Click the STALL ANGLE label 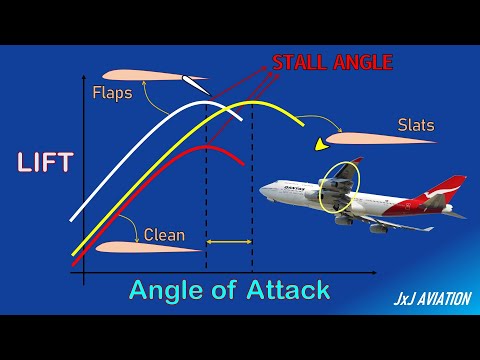click(x=332, y=63)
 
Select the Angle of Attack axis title click(x=229, y=291)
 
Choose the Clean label click(x=164, y=236)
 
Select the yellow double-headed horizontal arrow click(x=229, y=241)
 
